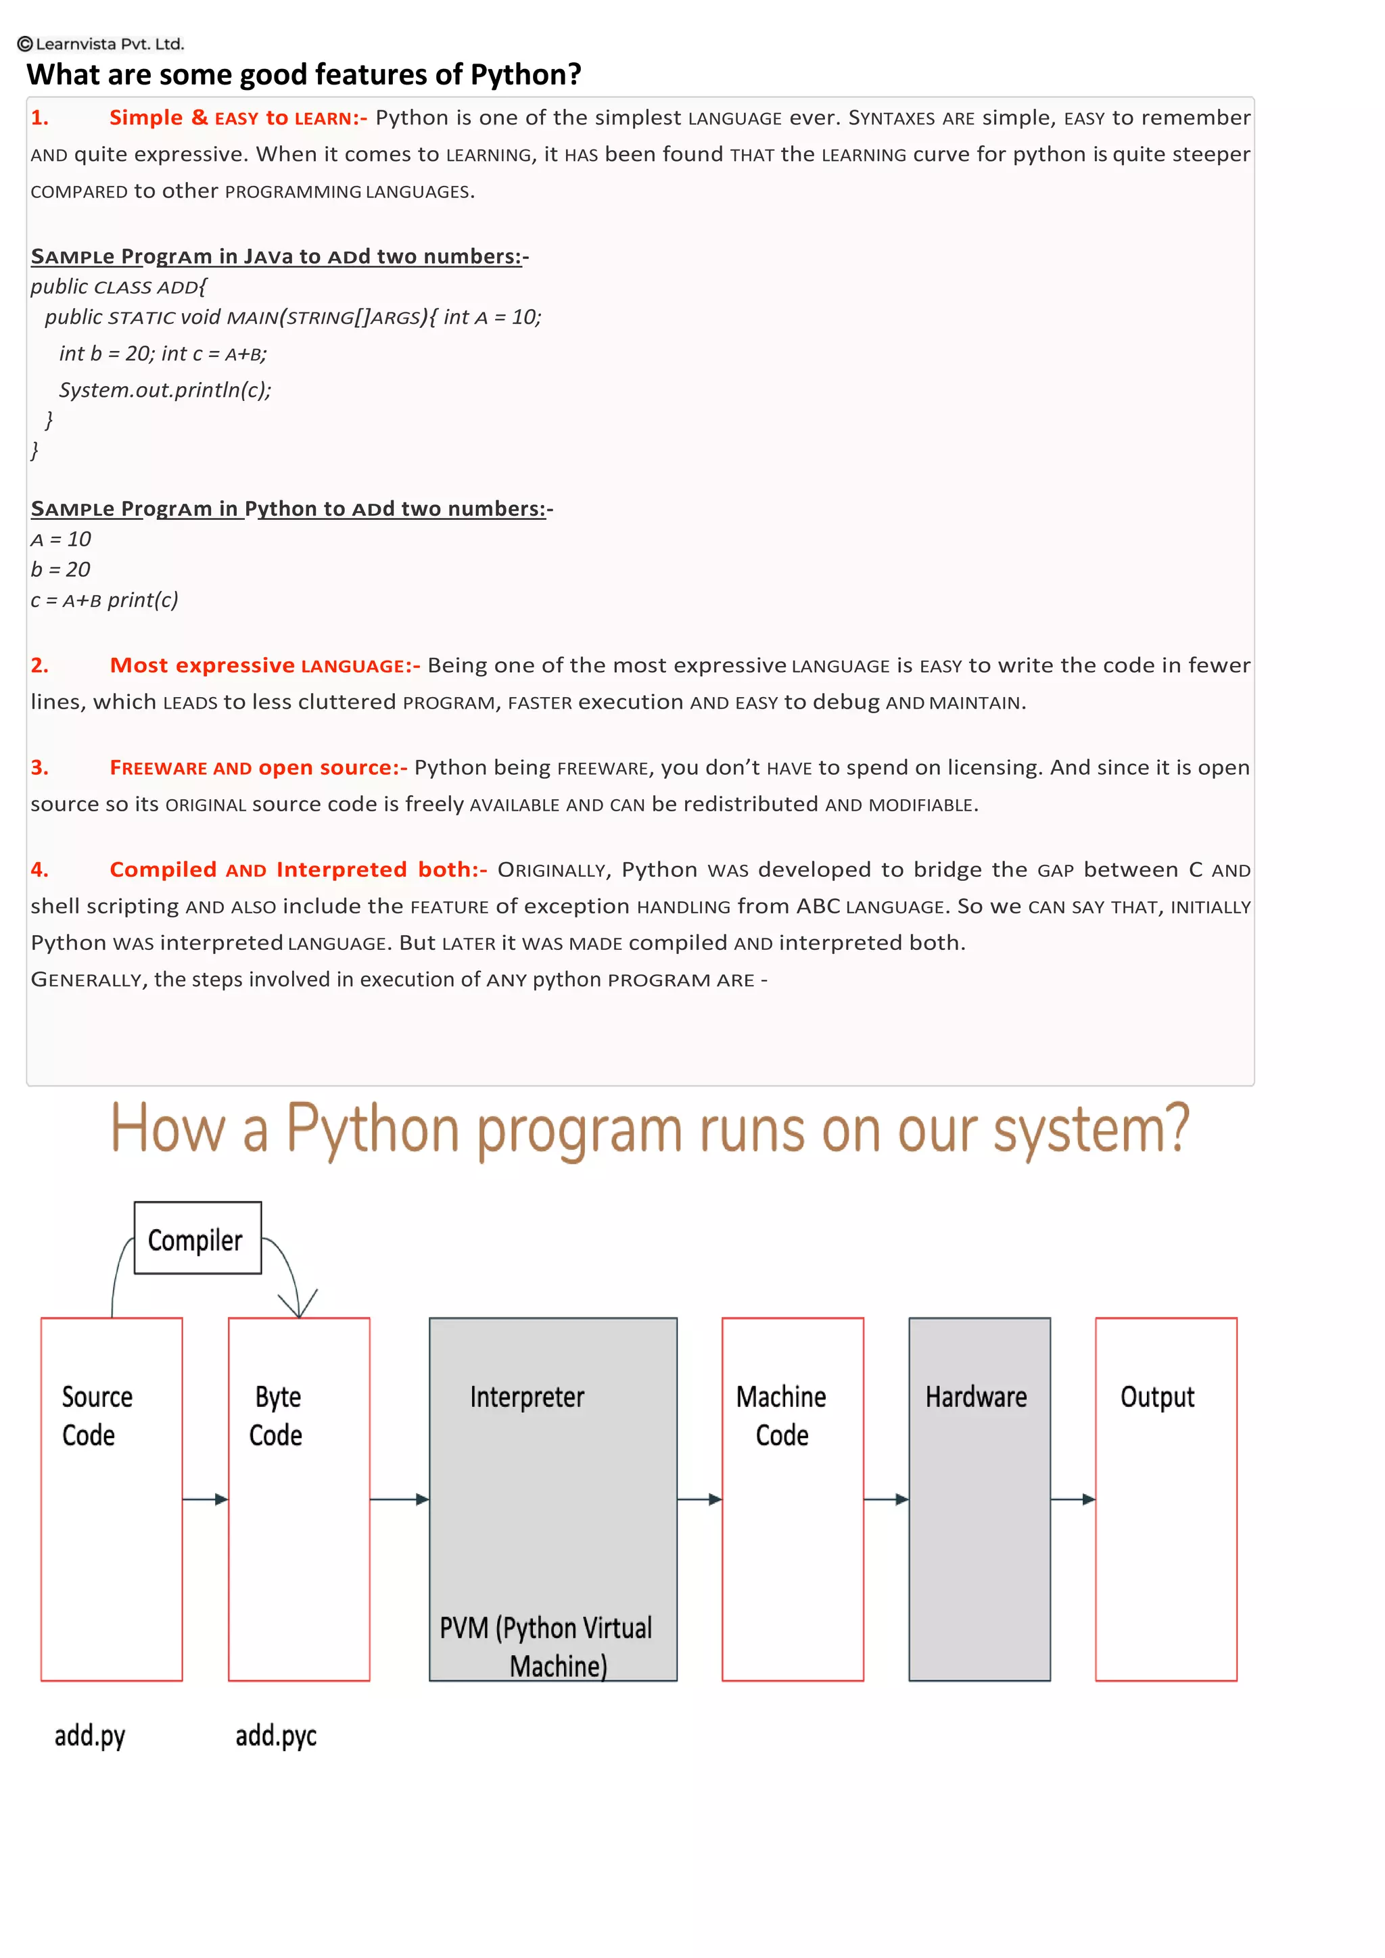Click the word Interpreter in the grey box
[527, 1397]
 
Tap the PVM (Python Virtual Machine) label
[546, 1646]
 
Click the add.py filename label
[89, 1736]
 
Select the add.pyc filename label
[275, 1736]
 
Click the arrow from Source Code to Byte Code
[206, 1499]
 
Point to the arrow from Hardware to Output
[1073, 1499]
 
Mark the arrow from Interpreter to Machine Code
[699, 1499]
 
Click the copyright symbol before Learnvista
[25, 43]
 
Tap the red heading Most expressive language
[264, 665]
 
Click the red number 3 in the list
[39, 767]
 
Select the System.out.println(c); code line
[164, 389]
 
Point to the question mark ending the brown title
[1178, 1127]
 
